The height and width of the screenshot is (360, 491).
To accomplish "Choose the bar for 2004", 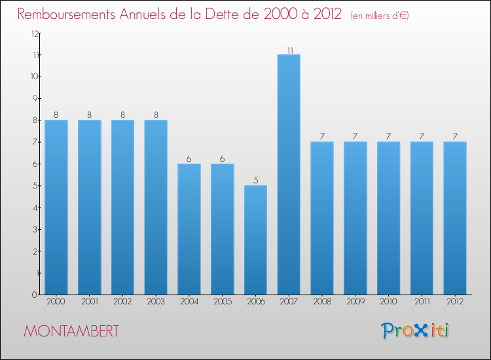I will [x=189, y=228].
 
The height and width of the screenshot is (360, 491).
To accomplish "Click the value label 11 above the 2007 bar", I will [x=289, y=49].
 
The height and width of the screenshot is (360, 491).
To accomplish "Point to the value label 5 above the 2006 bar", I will [x=255, y=180].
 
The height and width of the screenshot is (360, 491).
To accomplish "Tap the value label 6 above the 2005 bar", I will [x=222, y=158].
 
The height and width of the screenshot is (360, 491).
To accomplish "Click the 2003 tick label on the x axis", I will [x=156, y=302].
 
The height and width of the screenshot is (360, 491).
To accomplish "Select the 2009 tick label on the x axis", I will [x=355, y=302].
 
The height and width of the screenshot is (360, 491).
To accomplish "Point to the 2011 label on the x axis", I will [x=422, y=302].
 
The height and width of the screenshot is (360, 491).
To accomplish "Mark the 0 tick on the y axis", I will [x=33, y=295].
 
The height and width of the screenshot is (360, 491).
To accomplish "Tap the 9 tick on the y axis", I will [x=33, y=98].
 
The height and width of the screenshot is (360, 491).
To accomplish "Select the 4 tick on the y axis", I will [x=33, y=207].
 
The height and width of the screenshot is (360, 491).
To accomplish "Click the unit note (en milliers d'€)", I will [x=380, y=16].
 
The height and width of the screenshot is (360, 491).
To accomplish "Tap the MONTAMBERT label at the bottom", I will [x=71, y=331].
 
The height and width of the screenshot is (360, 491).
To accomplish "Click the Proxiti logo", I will [x=415, y=331].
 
